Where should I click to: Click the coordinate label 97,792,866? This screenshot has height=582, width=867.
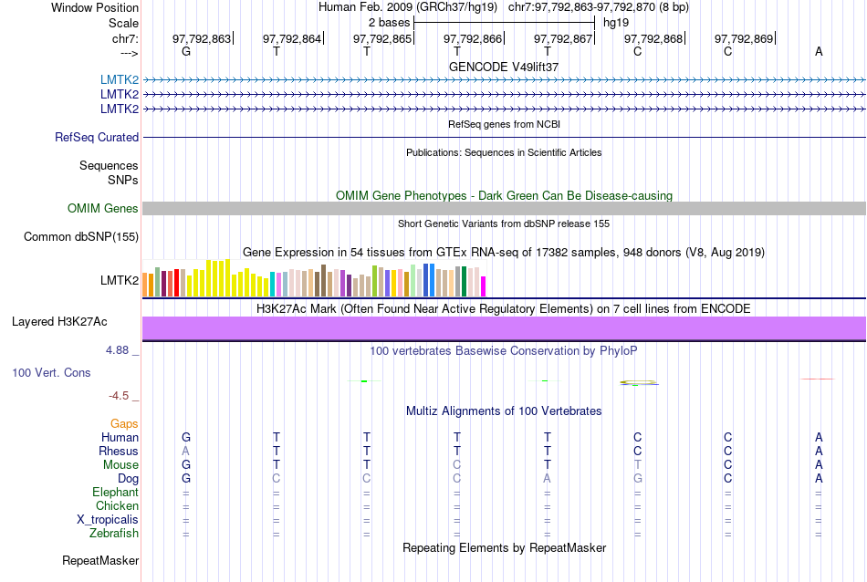point(473,38)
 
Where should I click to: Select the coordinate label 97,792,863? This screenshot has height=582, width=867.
point(202,38)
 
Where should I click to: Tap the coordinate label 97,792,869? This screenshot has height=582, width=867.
point(744,38)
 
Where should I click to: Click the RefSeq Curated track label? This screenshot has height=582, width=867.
point(97,138)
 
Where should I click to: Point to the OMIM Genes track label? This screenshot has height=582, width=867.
point(103,209)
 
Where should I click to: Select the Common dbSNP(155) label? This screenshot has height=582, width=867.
point(80,237)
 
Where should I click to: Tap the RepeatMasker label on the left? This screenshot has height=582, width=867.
point(100,560)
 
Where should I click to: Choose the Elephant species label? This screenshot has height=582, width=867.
point(115,493)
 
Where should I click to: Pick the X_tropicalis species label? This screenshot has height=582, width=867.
point(108,520)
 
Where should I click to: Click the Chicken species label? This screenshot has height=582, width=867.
point(118,506)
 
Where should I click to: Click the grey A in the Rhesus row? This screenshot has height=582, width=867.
point(186,452)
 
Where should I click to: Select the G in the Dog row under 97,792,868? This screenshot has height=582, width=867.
point(638,479)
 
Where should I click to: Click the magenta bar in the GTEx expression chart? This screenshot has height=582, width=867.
point(484,286)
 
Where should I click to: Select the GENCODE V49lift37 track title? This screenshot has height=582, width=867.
point(504,68)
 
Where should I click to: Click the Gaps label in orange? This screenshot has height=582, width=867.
point(124,424)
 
